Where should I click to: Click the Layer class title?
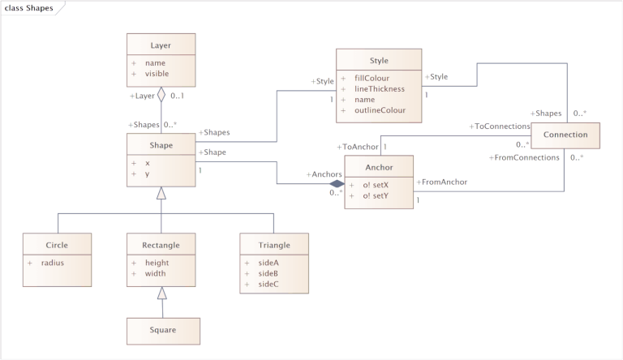pyautogui.click(x=161, y=45)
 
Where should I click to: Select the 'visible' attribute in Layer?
pyautogui.click(x=157, y=74)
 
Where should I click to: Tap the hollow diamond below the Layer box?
pyautogui.click(x=161, y=96)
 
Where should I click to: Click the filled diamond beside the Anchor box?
pyautogui.click(x=337, y=184)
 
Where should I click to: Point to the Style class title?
pyautogui.click(x=379, y=60)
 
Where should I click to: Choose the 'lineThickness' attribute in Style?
pyautogui.click(x=379, y=88)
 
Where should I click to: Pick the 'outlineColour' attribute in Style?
pyautogui.click(x=380, y=109)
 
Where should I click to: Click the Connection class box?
pyautogui.click(x=565, y=135)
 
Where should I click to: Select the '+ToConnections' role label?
pyautogui.click(x=499, y=126)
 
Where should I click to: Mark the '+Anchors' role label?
pyautogui.click(x=324, y=174)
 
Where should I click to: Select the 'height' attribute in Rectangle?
pyautogui.click(x=157, y=262)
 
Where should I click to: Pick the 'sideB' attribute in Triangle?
pyautogui.click(x=268, y=273)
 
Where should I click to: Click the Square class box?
pyautogui.click(x=163, y=330)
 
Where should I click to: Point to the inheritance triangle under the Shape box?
pyautogui.click(x=161, y=192)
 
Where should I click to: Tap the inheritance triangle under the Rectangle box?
pyautogui.click(x=162, y=294)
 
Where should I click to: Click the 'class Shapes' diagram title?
pyautogui.click(x=29, y=8)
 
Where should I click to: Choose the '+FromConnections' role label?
pyautogui.click(x=525, y=156)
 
